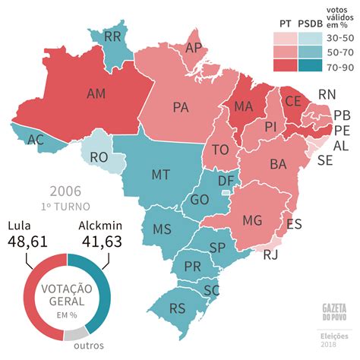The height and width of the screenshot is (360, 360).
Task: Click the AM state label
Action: point(96,94)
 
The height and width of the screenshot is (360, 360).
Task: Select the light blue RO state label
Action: point(99,157)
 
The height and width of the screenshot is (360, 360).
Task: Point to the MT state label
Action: point(160,175)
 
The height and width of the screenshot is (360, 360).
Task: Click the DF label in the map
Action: point(225,182)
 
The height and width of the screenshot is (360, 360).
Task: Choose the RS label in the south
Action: point(178,308)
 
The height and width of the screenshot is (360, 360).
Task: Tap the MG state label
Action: point(253,220)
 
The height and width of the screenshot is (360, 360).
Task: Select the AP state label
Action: point(194,48)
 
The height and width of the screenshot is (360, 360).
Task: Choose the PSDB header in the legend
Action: point(309,24)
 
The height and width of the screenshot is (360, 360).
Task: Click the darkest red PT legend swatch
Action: point(285,66)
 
